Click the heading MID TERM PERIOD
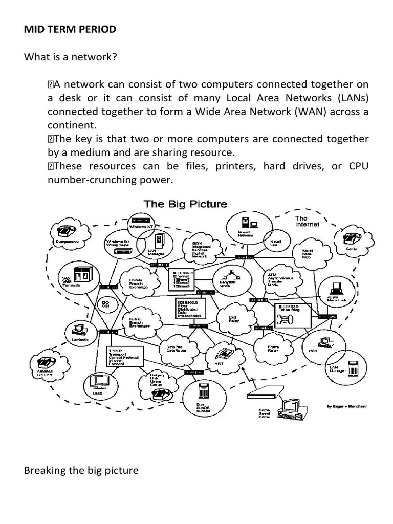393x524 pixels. click(x=70, y=29)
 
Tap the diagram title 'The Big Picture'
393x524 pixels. click(x=185, y=204)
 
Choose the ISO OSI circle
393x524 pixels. click(x=106, y=306)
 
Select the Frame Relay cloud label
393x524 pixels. click(x=273, y=349)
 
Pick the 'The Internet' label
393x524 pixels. click(x=307, y=221)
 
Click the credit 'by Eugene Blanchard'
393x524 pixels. click(x=346, y=406)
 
